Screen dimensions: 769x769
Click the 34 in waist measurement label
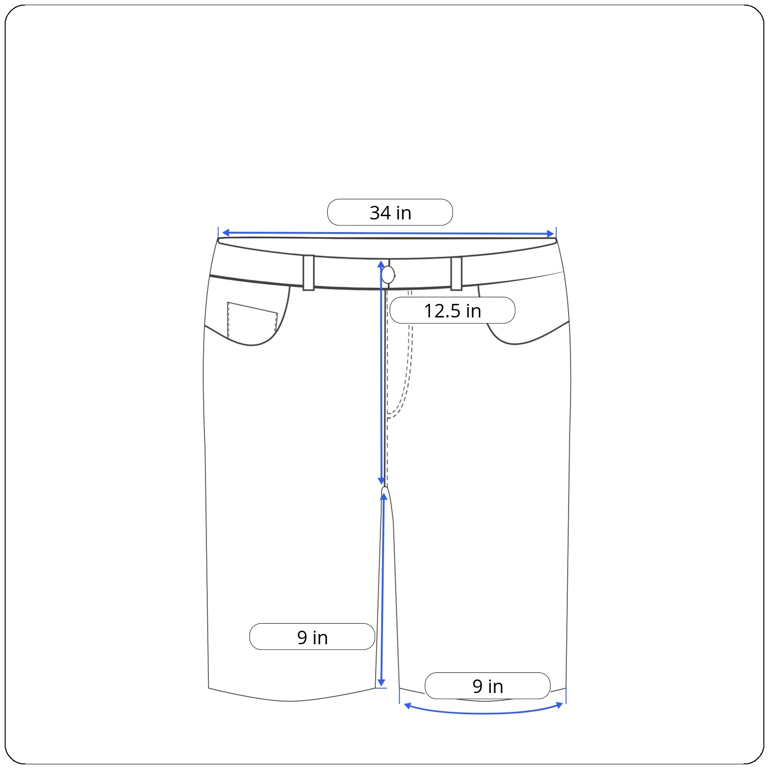tap(390, 212)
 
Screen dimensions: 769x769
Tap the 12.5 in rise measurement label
tap(452, 310)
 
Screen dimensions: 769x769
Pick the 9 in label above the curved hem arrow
tap(488, 686)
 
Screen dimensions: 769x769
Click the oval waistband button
tap(388, 275)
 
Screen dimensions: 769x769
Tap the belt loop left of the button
tap(309, 273)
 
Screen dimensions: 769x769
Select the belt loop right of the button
tap(456, 273)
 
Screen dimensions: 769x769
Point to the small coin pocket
tap(252, 320)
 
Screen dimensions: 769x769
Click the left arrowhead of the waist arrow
tap(225, 233)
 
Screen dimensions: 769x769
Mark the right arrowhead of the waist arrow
tap(550, 234)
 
